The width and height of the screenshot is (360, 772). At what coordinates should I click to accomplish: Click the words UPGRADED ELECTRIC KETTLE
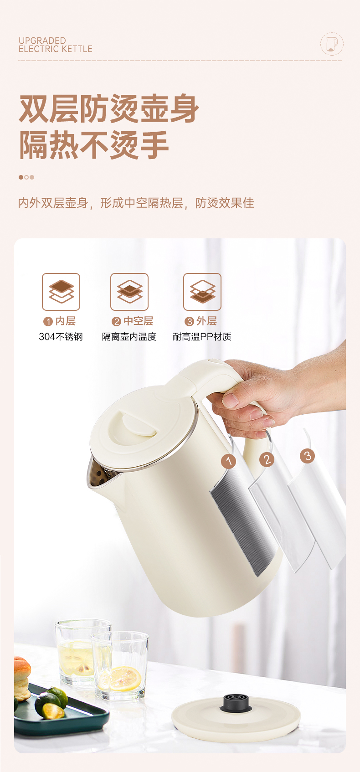point(56,45)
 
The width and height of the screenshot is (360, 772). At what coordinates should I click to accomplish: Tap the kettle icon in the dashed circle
point(332,44)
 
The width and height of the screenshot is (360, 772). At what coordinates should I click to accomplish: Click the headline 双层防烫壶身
point(109,108)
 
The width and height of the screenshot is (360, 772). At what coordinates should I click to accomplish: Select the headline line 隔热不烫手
point(94,145)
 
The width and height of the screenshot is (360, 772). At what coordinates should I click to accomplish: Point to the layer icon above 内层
point(61,292)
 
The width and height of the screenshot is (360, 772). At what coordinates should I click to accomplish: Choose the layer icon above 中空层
point(129,292)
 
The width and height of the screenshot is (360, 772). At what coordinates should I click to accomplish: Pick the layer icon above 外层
point(202,292)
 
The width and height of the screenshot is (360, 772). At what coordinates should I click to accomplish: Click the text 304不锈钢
point(61,337)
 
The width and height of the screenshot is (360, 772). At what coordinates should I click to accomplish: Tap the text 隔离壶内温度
point(129,337)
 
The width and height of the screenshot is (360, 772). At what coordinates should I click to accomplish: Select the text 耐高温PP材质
point(202,337)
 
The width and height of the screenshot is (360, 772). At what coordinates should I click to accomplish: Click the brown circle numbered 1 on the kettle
point(228,461)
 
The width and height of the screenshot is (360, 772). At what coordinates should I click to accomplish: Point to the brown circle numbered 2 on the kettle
point(267,460)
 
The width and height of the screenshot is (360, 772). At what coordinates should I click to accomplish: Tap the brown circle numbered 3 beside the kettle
point(308,456)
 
